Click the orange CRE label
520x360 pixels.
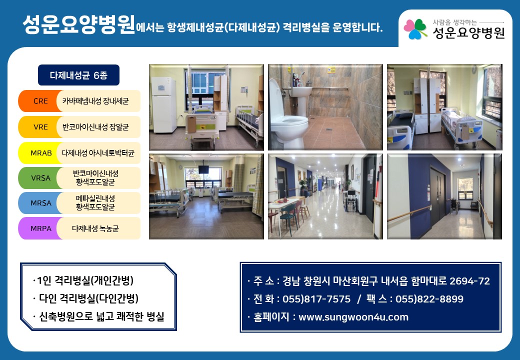tap(40, 101)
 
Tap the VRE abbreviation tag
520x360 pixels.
tap(40, 127)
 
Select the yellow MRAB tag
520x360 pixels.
tap(40, 153)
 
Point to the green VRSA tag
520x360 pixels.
tap(40, 178)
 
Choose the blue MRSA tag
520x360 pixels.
tap(40, 203)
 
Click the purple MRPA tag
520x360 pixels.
tap(40, 228)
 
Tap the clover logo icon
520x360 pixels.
tap(415, 29)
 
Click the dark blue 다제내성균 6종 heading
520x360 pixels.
tap(78, 75)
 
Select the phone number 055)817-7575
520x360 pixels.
tap(316, 299)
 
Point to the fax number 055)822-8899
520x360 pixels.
tap(429, 299)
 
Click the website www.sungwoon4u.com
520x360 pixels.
tap(353, 317)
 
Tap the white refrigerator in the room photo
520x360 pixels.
tap(164, 105)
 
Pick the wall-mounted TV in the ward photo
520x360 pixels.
tap(203, 169)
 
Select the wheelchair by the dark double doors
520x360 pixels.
tap(453, 205)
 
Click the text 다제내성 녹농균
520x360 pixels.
tap(95, 228)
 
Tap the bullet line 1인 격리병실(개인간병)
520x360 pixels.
tap(83, 280)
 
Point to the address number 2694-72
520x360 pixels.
tap(469, 281)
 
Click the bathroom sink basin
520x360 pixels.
tap(300, 91)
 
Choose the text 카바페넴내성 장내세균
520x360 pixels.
tap(95, 101)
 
